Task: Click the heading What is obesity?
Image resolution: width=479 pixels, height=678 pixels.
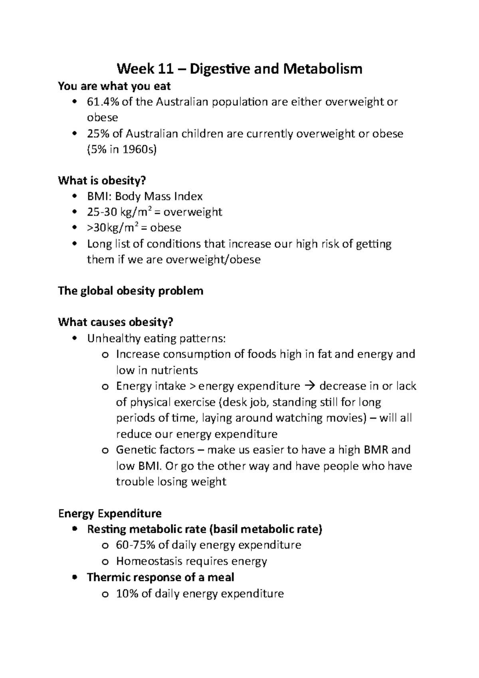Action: click(102, 180)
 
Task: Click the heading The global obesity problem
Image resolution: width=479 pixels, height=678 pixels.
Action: click(131, 291)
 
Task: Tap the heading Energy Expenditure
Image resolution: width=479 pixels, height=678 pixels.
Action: click(110, 513)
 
